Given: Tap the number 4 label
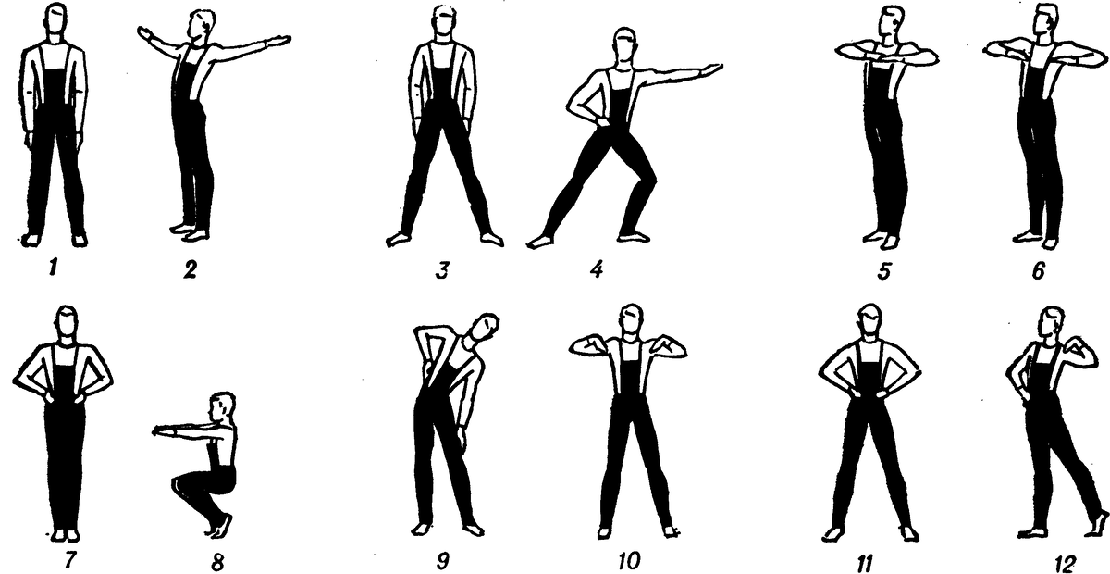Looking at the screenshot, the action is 598,269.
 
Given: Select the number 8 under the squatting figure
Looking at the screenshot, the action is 216,562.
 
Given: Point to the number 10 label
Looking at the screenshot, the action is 629,561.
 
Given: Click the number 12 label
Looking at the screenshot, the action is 1065,564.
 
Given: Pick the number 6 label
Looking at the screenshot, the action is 1039,271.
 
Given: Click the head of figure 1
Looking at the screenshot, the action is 55,19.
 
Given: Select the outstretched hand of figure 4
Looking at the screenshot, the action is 712,69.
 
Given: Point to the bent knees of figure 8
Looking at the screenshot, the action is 182,483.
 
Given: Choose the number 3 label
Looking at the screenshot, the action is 442,269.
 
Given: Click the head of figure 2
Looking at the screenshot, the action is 203,26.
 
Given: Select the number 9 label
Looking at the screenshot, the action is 442,561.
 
